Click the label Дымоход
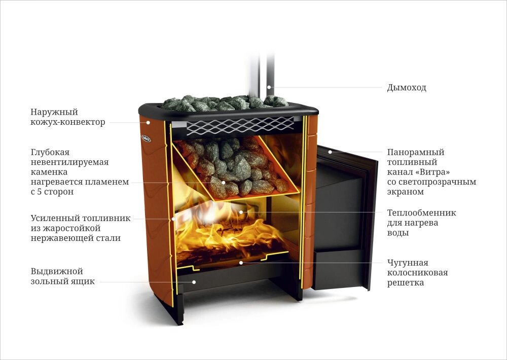[407, 88]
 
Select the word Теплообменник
[421, 212]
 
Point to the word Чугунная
[408, 263]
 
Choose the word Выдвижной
[56, 271]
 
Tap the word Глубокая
[50, 152]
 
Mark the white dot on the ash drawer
[194, 281]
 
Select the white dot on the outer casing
[149, 122]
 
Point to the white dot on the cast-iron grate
[242, 263]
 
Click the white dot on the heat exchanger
[241, 212]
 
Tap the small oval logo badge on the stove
[146, 137]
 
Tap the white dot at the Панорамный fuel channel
[329, 152]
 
